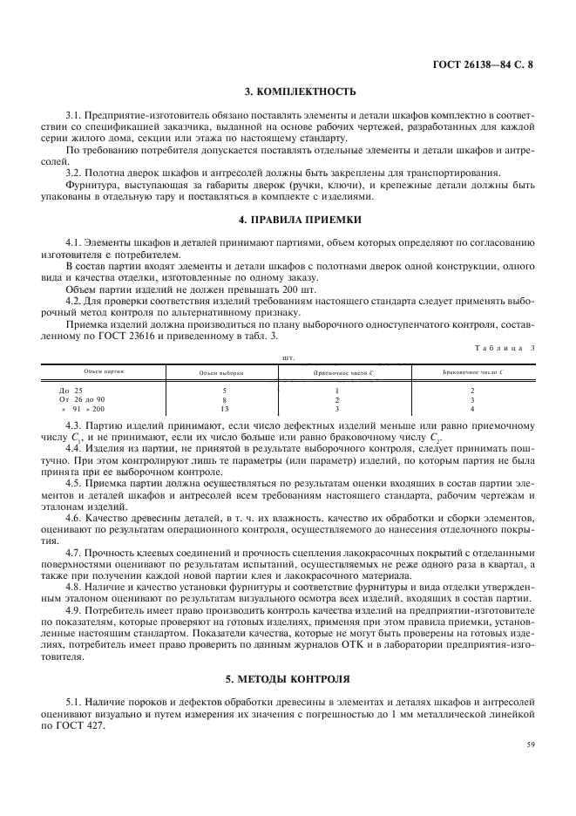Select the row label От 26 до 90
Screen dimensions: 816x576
click(x=82, y=399)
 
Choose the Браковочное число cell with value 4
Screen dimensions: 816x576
click(x=472, y=408)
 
